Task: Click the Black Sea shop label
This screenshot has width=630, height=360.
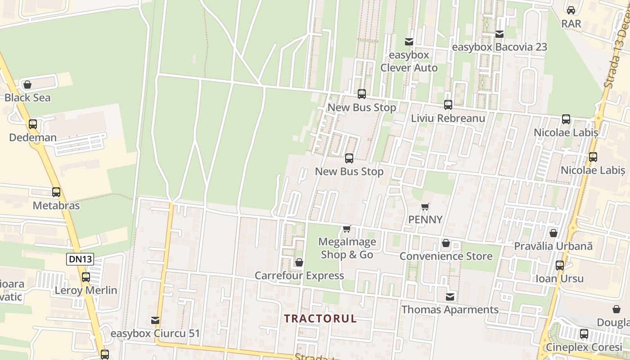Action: [x=27, y=98]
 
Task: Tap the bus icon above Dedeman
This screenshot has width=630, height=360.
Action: [x=33, y=124]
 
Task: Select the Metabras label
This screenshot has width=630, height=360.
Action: [x=56, y=206]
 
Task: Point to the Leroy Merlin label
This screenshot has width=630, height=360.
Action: [x=86, y=290]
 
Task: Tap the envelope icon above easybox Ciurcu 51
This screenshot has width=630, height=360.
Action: [x=155, y=320]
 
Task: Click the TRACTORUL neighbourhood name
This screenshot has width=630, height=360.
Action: [x=320, y=319]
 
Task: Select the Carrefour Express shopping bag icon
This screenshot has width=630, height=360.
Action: [x=299, y=262]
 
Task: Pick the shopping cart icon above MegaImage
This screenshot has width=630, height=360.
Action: [x=346, y=229]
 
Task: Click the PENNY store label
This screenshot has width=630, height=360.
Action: [x=425, y=220]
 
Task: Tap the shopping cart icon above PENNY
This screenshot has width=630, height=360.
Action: [x=425, y=207]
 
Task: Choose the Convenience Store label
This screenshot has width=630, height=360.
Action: [x=446, y=256]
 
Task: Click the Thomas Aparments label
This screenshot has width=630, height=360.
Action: [x=450, y=310]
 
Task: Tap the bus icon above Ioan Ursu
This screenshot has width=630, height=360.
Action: [x=560, y=265]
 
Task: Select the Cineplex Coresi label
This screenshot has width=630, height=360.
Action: [x=584, y=347]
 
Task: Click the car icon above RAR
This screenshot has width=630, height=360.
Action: [x=571, y=10]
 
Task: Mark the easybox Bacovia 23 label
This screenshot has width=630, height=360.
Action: [x=499, y=47]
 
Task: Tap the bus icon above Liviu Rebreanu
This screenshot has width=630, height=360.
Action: [x=448, y=105]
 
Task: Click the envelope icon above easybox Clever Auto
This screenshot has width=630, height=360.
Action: [x=409, y=42]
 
